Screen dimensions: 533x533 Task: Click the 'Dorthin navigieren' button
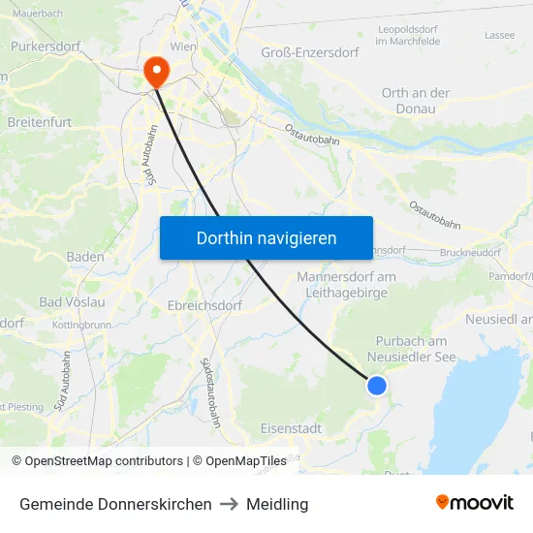(266, 237)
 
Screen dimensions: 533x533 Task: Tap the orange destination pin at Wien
(155, 71)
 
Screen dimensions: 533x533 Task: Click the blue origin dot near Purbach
(377, 386)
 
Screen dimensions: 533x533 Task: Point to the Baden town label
(85, 257)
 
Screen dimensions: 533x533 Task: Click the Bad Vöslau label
(72, 302)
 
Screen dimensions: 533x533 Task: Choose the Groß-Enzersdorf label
(316, 53)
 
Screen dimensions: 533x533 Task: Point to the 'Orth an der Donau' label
(416, 101)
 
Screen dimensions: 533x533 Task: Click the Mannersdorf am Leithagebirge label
(346, 285)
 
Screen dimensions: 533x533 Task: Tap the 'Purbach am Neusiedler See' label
(411, 349)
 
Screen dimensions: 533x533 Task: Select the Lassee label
(499, 35)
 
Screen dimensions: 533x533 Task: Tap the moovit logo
(475, 502)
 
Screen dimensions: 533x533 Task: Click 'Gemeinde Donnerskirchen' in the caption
(115, 504)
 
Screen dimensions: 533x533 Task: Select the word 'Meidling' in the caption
(277, 504)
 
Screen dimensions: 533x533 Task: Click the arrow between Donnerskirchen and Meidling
(229, 504)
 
